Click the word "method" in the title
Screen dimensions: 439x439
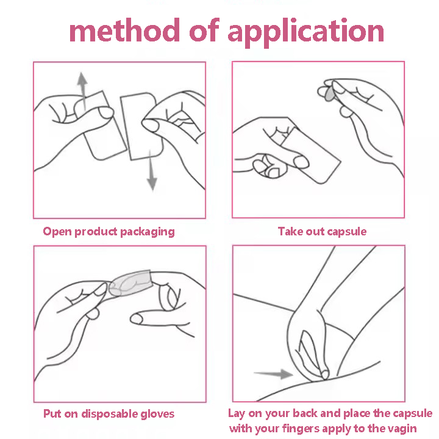[124, 30]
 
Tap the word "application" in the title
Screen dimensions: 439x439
[305, 32]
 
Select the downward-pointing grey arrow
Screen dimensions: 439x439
[151, 170]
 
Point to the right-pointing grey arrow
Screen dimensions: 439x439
[273, 374]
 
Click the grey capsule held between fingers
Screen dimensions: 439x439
[329, 93]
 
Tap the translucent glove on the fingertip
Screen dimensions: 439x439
[130, 283]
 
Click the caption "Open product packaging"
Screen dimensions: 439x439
[109, 232]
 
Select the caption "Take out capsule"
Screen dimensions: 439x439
[322, 232]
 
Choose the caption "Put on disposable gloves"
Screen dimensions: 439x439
[109, 413]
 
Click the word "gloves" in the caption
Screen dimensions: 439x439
[158, 414]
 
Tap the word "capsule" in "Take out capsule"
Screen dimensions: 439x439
[346, 232]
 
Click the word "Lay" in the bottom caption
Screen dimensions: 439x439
[237, 413]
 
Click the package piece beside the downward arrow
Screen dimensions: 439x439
[141, 127]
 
